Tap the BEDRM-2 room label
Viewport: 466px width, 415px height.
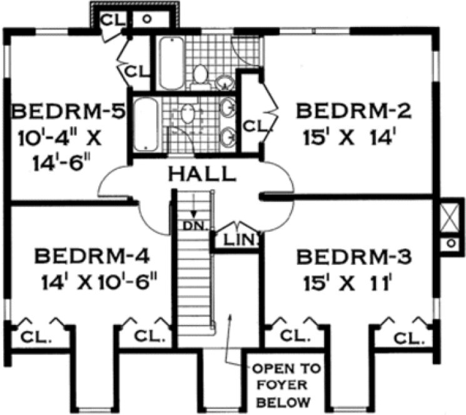pos(353,112)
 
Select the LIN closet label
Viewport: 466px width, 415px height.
pos(236,240)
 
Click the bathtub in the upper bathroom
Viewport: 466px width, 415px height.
pos(170,64)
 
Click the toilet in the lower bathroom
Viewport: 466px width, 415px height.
pos(188,114)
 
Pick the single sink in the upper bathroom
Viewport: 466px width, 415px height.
pos(224,81)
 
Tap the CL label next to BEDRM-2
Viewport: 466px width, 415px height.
pos(256,124)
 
